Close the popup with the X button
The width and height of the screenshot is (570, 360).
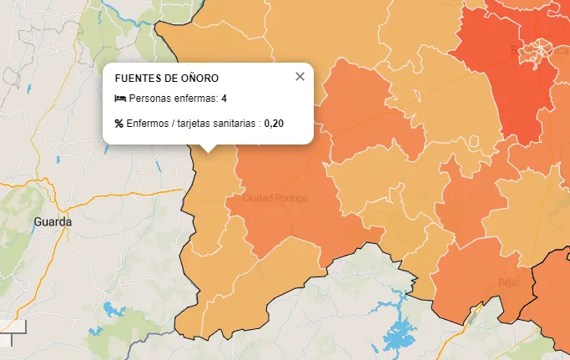[x=300, y=77]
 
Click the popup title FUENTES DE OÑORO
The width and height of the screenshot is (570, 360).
[x=166, y=79]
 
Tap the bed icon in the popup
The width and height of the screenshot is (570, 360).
[x=119, y=99]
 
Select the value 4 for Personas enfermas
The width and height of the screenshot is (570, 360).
[x=224, y=99]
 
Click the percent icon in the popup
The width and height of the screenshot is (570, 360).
[x=119, y=124]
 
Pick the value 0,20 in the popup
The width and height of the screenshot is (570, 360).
[x=274, y=124]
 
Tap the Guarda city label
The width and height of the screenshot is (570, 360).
[x=53, y=222]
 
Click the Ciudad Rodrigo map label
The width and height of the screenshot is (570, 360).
[x=275, y=199]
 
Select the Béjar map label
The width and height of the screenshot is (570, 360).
[x=507, y=282]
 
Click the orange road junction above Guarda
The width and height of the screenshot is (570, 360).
[x=59, y=199]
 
